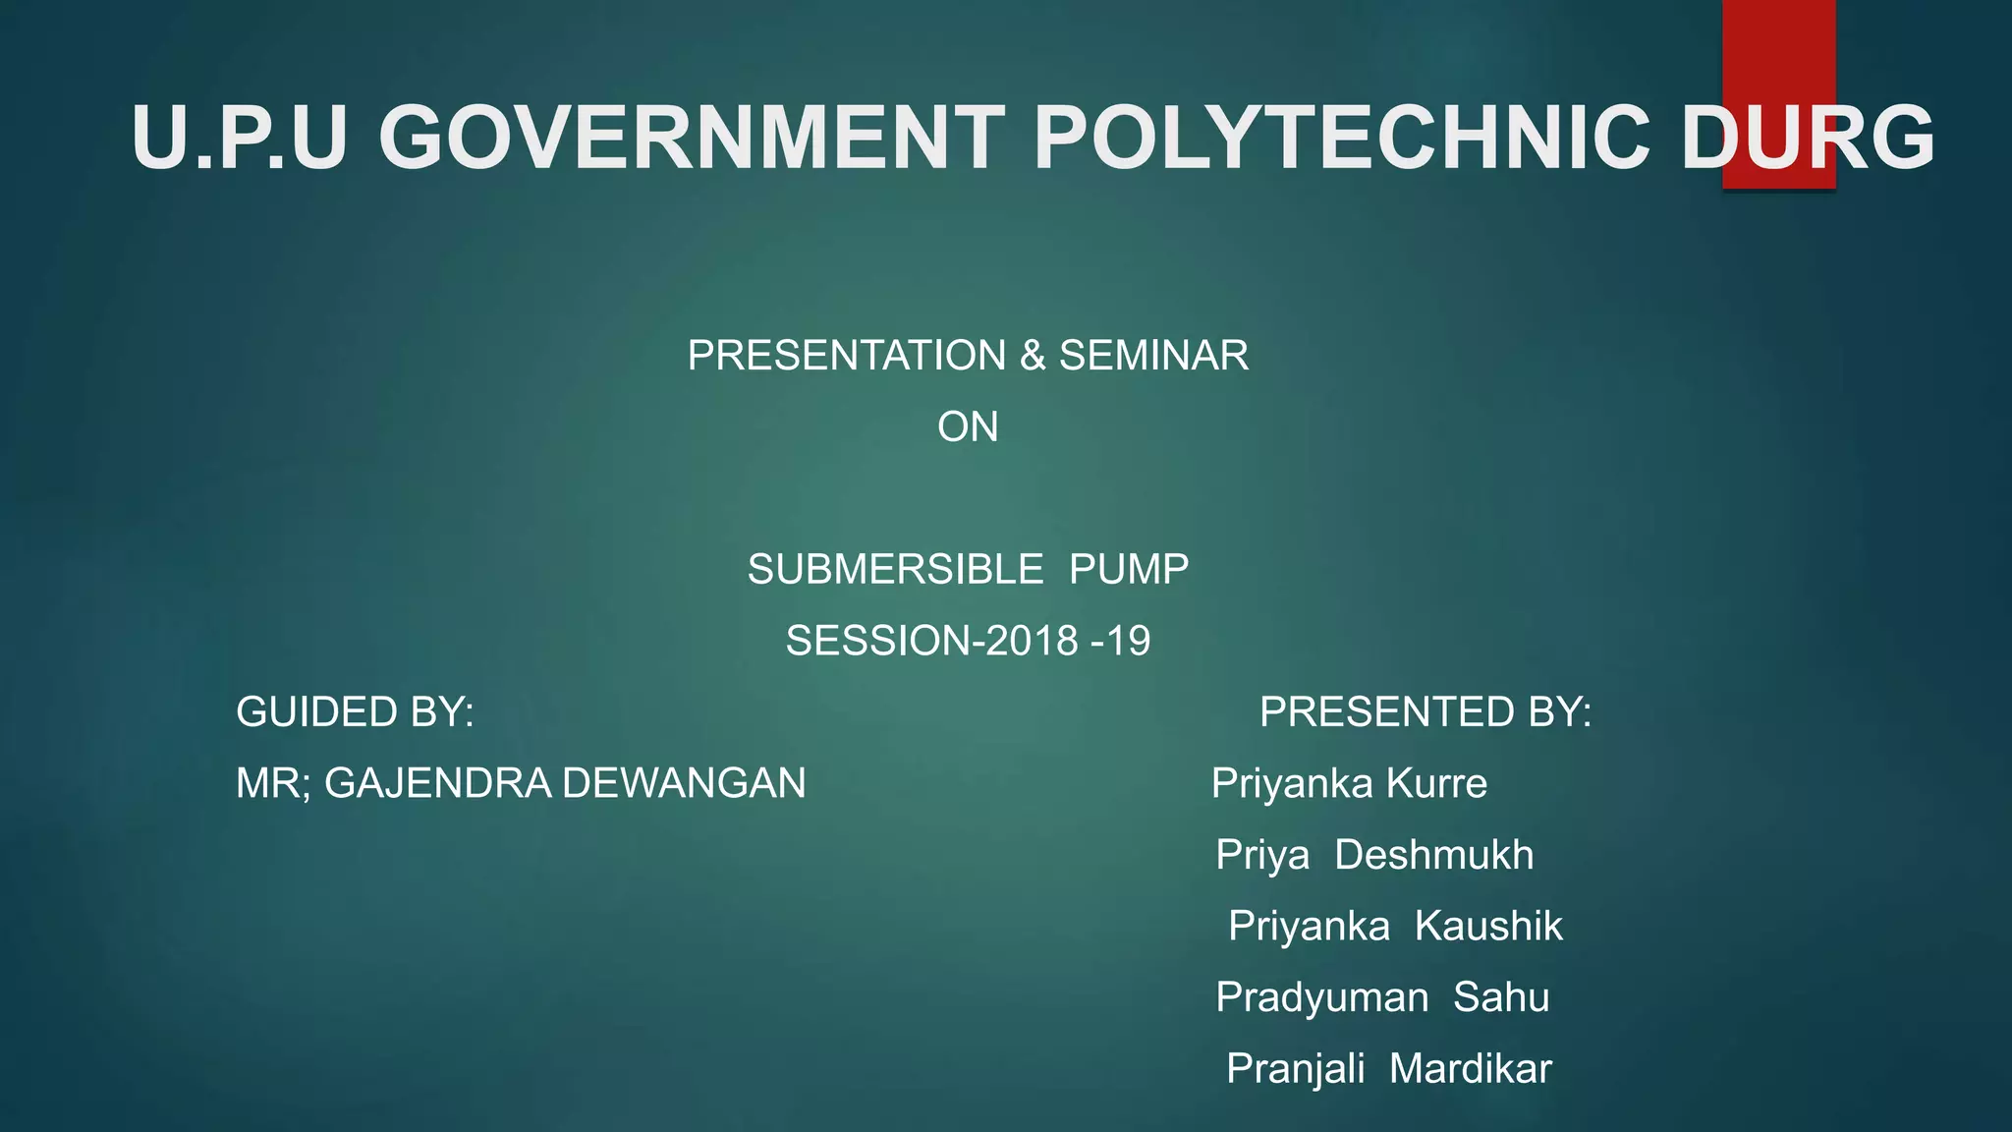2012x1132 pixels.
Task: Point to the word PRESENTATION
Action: [846, 355]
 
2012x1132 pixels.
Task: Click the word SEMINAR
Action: [1153, 355]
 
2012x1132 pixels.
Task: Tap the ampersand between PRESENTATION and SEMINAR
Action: [1033, 355]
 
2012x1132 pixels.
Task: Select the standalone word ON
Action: [968, 426]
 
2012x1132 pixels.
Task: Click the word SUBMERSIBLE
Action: [895, 570]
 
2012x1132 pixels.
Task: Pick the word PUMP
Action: [1129, 570]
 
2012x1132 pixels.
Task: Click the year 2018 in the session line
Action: [1032, 641]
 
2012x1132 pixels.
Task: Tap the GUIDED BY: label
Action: [355, 711]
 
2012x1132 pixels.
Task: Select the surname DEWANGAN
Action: [684, 783]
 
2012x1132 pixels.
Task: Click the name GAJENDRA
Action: [438, 783]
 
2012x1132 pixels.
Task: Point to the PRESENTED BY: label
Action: [1425, 711]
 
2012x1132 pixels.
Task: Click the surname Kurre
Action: [1436, 783]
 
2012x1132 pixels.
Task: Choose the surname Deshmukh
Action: [1433, 855]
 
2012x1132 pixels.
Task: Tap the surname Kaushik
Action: [1488, 926]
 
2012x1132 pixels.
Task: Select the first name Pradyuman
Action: [1321, 997]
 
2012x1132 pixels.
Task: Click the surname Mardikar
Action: [1470, 1068]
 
